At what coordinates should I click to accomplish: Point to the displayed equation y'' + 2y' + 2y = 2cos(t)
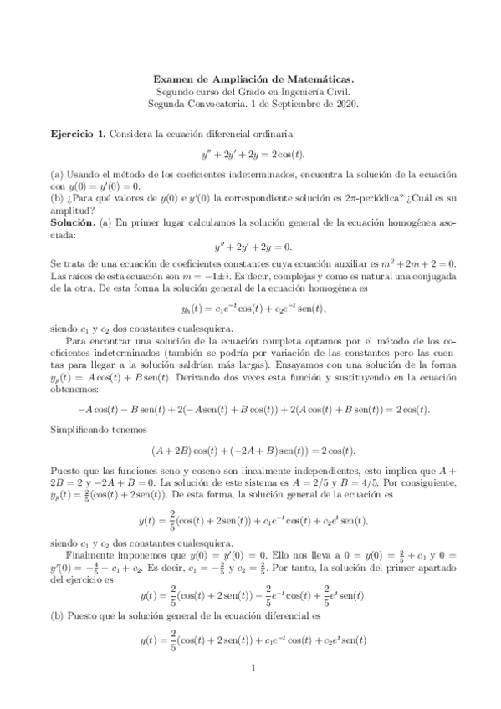[x=251, y=155]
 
